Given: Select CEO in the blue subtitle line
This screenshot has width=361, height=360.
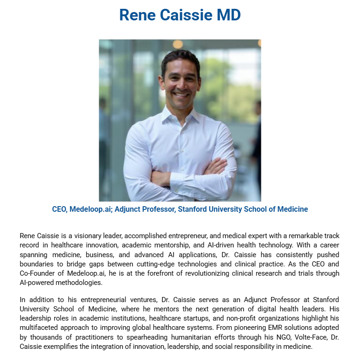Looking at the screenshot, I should (x=59, y=209).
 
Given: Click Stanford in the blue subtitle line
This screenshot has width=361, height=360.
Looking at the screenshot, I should (x=193, y=209).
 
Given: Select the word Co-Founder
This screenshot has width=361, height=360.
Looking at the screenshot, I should (x=38, y=273).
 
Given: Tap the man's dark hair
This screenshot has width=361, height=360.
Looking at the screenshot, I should (x=180, y=57).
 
